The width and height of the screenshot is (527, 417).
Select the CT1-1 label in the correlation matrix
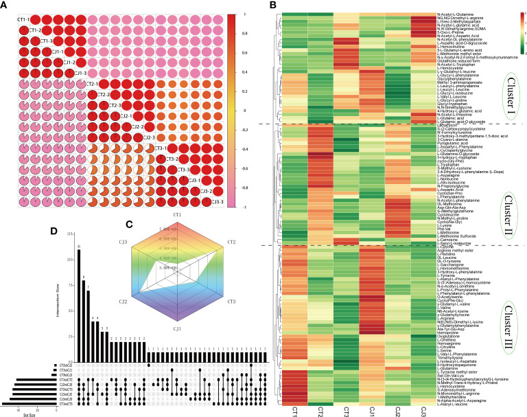(x=22, y=19)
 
